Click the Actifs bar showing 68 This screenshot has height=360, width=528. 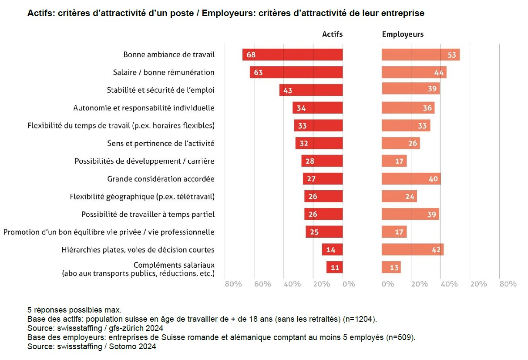pyautogui.click(x=293, y=54)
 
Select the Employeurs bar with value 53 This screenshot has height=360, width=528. pyautogui.click(x=420, y=54)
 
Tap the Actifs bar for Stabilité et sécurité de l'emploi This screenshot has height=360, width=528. pyautogui.click(x=311, y=90)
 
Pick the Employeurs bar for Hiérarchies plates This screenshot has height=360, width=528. pyautogui.click(x=413, y=250)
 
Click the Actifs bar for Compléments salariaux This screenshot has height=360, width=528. pyautogui.click(x=334, y=267)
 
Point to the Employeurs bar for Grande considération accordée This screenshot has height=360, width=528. pyautogui.click(x=411, y=179)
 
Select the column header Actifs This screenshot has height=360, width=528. pyautogui.click(x=332, y=34)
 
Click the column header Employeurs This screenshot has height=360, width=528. pyautogui.click(x=403, y=34)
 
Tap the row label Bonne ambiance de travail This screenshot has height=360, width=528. pyautogui.click(x=169, y=54)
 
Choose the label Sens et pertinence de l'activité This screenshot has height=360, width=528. pyautogui.click(x=161, y=143)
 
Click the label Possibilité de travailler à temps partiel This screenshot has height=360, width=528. pyautogui.click(x=148, y=214)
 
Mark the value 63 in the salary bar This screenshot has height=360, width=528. pyautogui.click(x=258, y=72)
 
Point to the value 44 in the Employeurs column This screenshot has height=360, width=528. pyautogui.click(x=438, y=73)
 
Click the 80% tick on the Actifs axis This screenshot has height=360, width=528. pyautogui.click(x=233, y=284)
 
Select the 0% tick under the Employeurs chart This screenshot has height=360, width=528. pyautogui.click(x=387, y=284)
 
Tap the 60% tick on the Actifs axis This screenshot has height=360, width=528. pyautogui.click(x=262, y=284)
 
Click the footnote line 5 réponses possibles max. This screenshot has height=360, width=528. pyautogui.click(x=74, y=310)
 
